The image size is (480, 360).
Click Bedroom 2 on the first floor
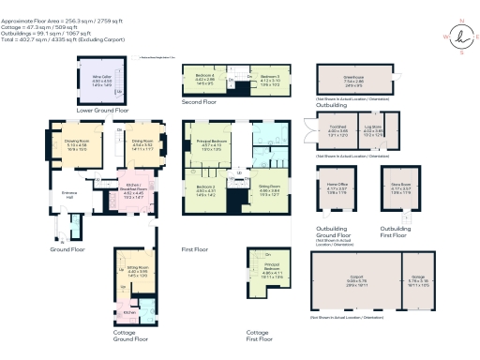tap(206, 191)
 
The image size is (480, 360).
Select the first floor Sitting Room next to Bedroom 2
tap(270, 191)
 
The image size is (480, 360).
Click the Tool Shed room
tap(337, 132)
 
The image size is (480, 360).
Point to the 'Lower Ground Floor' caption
tap(88, 110)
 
